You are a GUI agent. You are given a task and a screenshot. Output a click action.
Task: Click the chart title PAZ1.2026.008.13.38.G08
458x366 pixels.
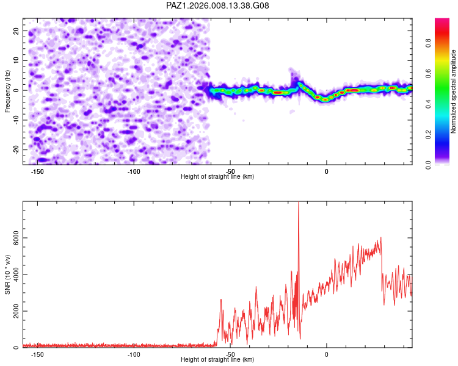pos(218,5)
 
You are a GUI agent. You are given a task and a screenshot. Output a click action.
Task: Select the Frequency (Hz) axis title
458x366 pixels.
pos(8,91)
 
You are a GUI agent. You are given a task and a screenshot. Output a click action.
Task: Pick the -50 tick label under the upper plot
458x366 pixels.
pos(230,171)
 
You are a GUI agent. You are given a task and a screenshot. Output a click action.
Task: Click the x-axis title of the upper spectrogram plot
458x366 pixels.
pos(217,177)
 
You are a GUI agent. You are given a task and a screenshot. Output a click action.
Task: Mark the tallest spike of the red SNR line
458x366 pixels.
pos(298,204)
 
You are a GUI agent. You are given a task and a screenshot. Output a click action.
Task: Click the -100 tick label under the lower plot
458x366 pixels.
pos(134,354)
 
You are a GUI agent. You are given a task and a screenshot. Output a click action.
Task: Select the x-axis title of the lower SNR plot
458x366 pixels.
pos(217,360)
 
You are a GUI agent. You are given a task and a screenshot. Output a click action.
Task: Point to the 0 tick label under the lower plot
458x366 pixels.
pos(327,354)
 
